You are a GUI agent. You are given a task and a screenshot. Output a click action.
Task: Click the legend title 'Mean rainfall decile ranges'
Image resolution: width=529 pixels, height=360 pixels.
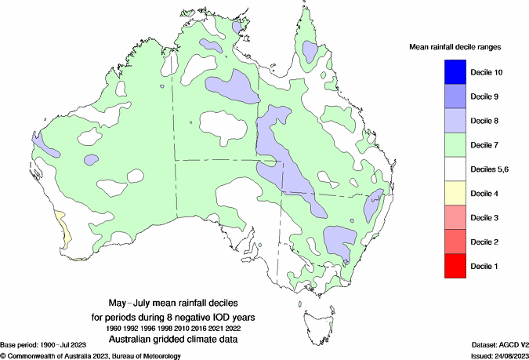coord(455,47)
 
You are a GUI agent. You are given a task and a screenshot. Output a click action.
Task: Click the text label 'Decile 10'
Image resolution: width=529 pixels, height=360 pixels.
coord(486,72)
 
